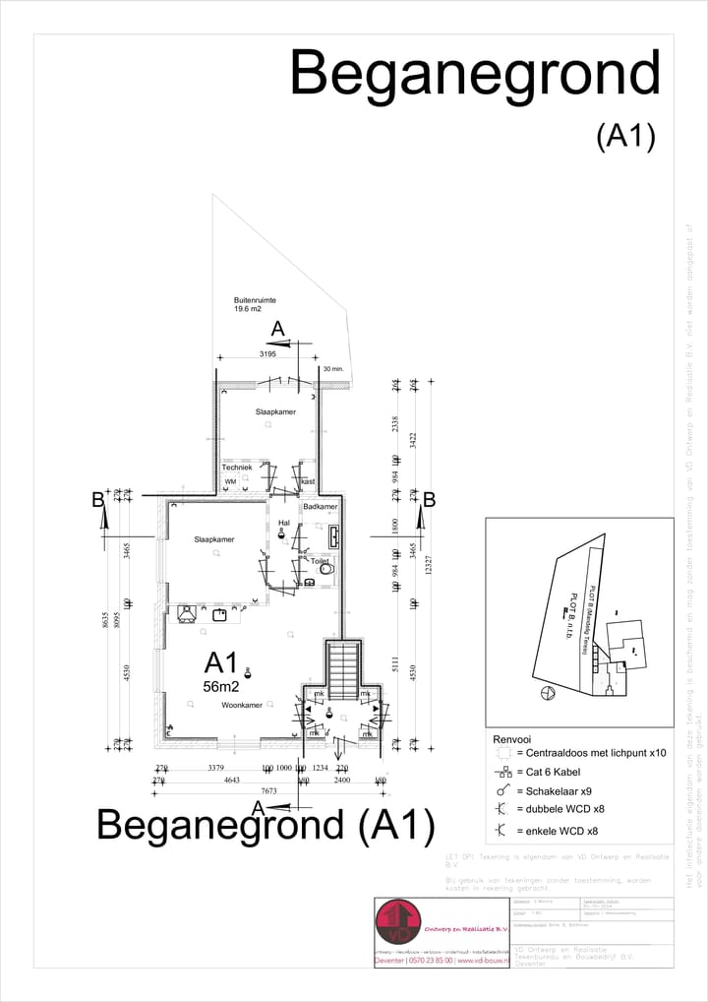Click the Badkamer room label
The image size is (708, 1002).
[x=321, y=506]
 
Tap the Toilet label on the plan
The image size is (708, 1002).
[x=319, y=561]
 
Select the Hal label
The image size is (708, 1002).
[x=284, y=523]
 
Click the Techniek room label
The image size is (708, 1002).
[x=237, y=467]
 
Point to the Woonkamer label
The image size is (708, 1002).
[x=242, y=705]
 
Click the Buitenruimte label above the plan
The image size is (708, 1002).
[x=255, y=300]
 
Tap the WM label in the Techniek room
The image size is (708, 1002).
[x=230, y=481]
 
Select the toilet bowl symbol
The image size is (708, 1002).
[x=326, y=569]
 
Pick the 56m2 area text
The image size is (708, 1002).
[x=221, y=687]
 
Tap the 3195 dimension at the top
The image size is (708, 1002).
[x=267, y=353]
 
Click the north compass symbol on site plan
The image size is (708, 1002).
[x=546, y=694]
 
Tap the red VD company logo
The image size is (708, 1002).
[x=398, y=921]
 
